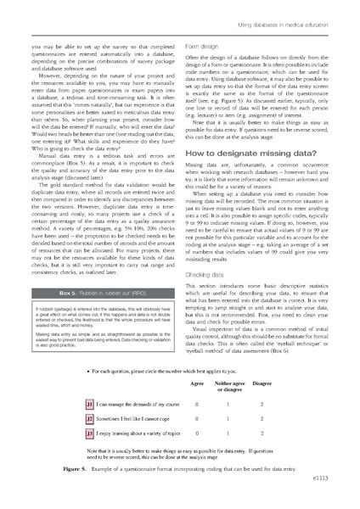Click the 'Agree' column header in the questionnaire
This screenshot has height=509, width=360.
(x=200, y=383)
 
